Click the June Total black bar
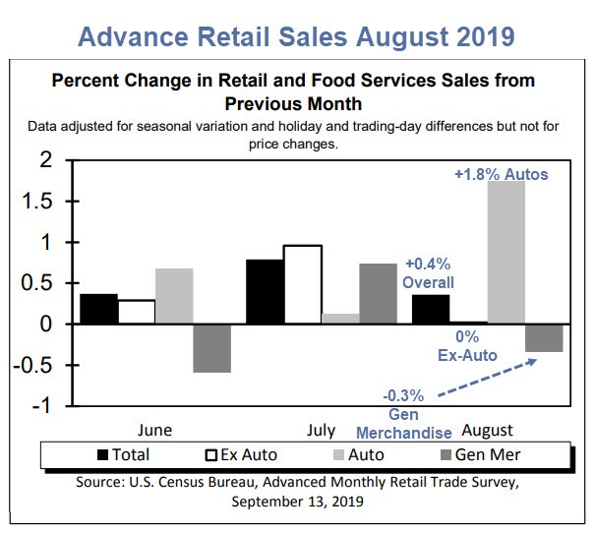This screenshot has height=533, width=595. point(98,309)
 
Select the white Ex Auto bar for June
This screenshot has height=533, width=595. point(137,312)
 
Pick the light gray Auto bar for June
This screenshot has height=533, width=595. point(174,296)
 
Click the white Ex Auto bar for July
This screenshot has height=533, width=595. point(302,284)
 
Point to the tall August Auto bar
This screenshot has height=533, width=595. point(506,252)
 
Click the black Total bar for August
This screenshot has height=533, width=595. point(431,309)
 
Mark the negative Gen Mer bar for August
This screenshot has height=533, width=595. point(543,337)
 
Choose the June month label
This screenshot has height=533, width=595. point(155,430)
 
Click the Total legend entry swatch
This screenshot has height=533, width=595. point(107,454)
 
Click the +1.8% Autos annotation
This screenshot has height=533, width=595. point(500,174)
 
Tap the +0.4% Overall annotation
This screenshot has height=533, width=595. point(430,272)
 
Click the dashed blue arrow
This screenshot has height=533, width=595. point(488,380)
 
